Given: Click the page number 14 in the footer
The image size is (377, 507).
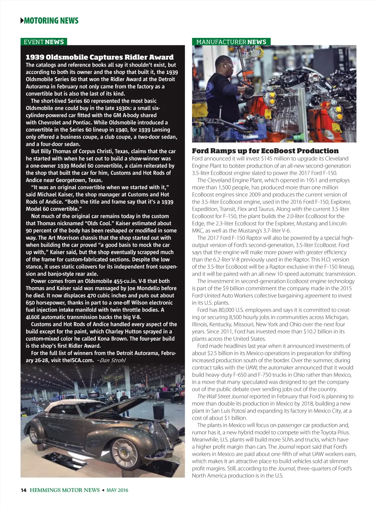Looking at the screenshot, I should [x=24, y=490].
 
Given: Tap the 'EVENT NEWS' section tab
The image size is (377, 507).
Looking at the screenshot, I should [x=43, y=42].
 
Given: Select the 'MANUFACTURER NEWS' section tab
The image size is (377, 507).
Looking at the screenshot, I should [x=231, y=42].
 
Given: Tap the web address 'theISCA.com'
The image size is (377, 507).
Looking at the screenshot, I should [x=78, y=360].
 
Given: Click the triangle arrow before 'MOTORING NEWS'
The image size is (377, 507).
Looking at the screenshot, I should [x=22, y=21].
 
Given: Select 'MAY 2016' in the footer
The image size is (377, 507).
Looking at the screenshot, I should [x=117, y=490].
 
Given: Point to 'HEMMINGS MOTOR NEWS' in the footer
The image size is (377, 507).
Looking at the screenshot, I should [x=65, y=490].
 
